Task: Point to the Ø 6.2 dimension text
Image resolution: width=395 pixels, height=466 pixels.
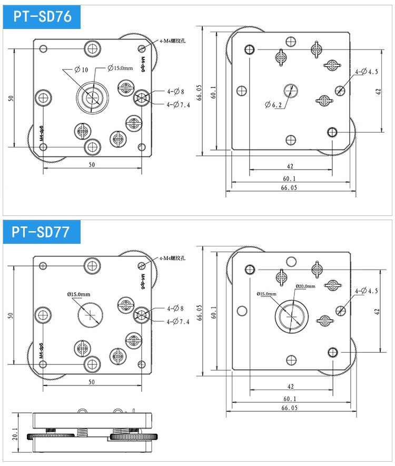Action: [275, 105]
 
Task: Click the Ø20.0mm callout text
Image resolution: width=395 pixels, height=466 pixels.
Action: [305, 286]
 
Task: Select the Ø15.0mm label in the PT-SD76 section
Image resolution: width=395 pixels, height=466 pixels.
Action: [120, 68]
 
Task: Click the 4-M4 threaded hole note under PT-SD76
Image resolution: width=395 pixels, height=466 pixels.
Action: [173, 41]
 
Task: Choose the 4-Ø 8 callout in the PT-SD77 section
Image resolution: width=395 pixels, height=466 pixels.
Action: [175, 308]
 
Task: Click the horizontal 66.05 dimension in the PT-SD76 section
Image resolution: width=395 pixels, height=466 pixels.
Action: [289, 187]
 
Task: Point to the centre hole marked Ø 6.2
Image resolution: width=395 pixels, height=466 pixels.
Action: [290, 90]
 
